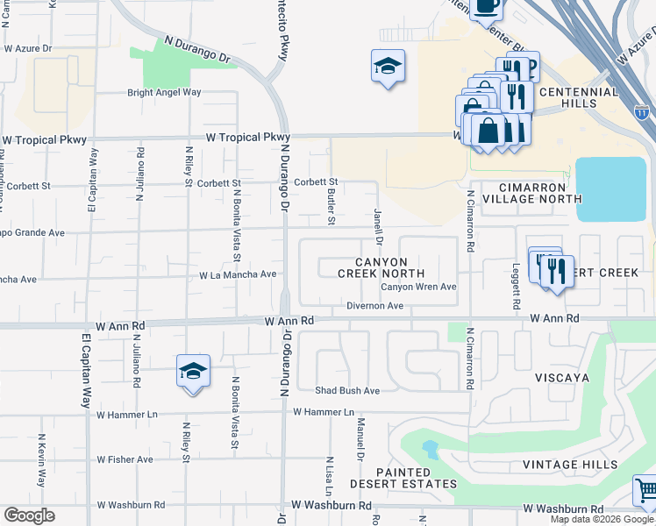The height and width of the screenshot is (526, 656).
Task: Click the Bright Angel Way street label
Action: point(164,92)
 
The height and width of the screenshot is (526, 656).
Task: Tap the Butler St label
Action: point(332,206)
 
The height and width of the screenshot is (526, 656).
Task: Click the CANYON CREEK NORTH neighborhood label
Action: point(381,267)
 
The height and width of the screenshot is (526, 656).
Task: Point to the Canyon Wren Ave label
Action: point(418,287)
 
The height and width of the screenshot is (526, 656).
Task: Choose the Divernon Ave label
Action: point(374,306)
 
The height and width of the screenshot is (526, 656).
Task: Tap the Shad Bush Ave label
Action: point(347,390)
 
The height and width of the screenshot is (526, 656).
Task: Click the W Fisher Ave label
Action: point(125,459)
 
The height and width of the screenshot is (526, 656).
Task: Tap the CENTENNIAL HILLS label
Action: point(580,97)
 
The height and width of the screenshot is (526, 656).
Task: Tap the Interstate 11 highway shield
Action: point(642,112)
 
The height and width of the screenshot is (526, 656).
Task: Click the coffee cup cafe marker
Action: point(486,7)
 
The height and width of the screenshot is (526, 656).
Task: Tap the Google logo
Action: point(29,515)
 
